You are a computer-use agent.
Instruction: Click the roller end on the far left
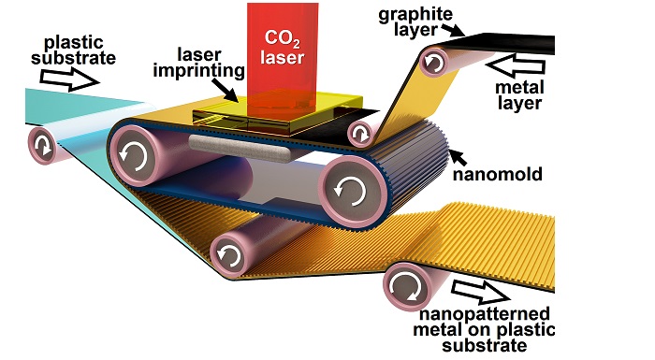tap(43, 147)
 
